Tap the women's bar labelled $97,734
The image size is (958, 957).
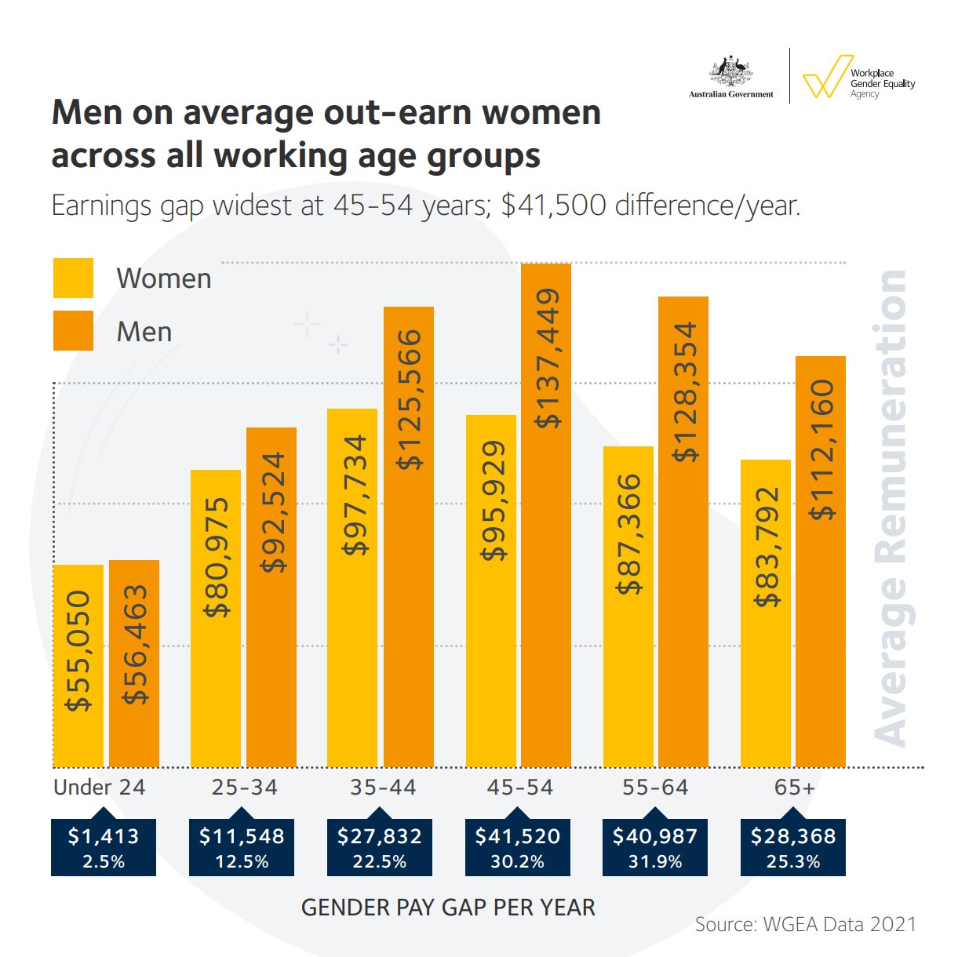[x=352, y=588]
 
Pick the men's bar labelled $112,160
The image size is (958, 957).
[x=821, y=561]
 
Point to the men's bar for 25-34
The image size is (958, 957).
[x=271, y=597]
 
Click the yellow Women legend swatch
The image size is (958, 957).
[x=73, y=278]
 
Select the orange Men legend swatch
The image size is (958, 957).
[x=73, y=331]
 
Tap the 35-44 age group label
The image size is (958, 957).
[x=383, y=787]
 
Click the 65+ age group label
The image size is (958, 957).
[x=794, y=787]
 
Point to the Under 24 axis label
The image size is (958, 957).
[x=100, y=787]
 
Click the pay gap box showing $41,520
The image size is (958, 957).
[x=518, y=847]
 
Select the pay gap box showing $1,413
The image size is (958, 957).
[x=104, y=847]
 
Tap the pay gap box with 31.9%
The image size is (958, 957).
[x=655, y=847]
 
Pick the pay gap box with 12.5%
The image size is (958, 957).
[x=242, y=847]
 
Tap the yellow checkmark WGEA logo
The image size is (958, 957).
[x=827, y=76]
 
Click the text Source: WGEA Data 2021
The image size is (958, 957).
[x=806, y=924]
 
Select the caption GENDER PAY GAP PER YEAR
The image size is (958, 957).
[x=448, y=908]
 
